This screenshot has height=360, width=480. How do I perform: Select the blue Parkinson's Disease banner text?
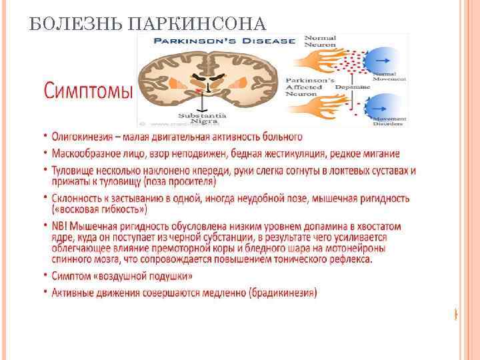tap(223, 41)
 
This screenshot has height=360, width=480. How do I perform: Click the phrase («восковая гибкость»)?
tap(99, 209)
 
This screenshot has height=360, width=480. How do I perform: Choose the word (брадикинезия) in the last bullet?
tap(279, 292)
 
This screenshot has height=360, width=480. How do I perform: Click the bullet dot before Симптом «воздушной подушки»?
tap(47, 275)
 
